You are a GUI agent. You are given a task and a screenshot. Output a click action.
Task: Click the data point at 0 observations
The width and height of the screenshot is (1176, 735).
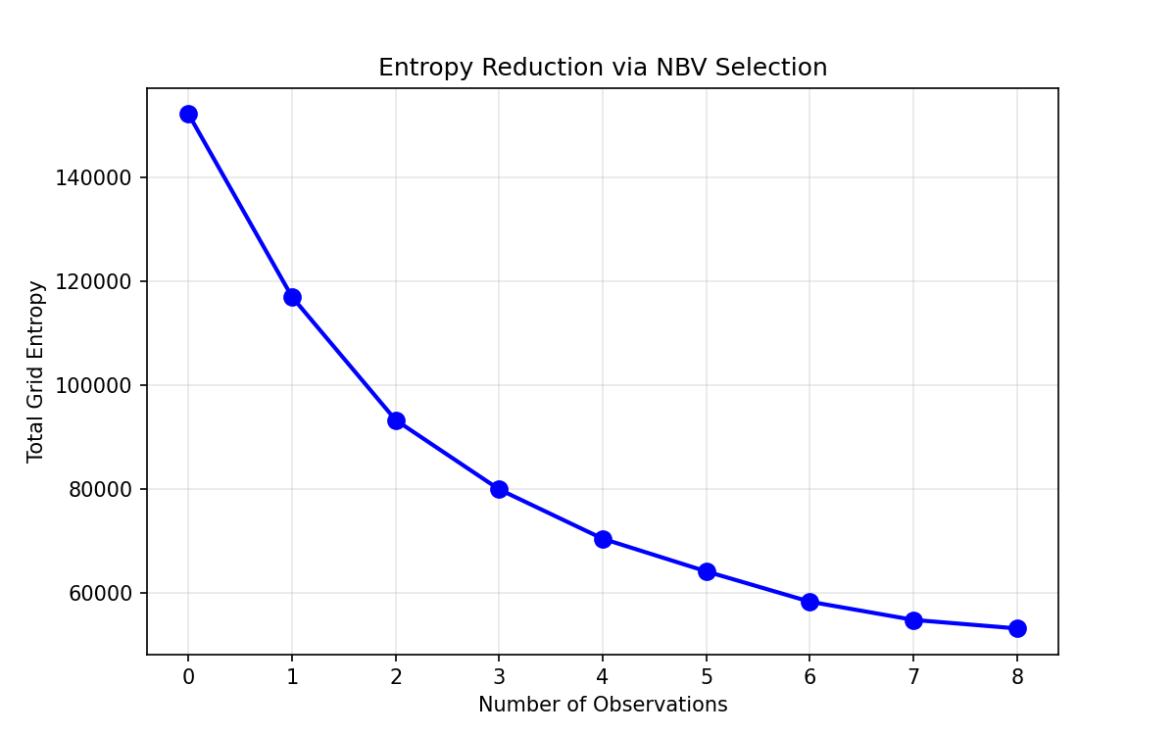pyautogui.click(x=188, y=115)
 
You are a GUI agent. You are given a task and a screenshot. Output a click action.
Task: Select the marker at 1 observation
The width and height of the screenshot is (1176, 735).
pyautogui.click(x=292, y=297)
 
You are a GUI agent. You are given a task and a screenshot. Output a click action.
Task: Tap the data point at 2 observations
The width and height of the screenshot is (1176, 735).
pyautogui.click(x=396, y=420)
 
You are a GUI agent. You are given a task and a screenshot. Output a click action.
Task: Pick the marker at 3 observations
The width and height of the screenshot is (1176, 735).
pyautogui.click(x=499, y=489)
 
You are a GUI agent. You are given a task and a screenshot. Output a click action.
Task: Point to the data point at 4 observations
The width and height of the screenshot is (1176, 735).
pyautogui.click(x=603, y=539)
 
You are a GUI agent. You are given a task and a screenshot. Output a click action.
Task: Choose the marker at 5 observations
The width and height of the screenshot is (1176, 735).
pyautogui.click(x=707, y=571)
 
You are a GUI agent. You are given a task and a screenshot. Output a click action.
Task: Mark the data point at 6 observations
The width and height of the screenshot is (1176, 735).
pyautogui.click(x=809, y=602)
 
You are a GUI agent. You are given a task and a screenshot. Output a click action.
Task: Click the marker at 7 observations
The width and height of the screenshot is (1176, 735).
pyautogui.click(x=913, y=620)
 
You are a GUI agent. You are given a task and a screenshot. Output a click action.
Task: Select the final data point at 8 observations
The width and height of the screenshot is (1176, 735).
pyautogui.click(x=1017, y=628)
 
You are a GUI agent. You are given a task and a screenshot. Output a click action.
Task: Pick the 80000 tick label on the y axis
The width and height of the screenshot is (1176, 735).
pyautogui.click(x=103, y=490)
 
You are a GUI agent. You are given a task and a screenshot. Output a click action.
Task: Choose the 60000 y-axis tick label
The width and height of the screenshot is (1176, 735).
pyautogui.click(x=103, y=594)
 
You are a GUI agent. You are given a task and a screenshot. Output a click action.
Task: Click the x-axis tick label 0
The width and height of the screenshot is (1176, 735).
pyautogui.click(x=188, y=676)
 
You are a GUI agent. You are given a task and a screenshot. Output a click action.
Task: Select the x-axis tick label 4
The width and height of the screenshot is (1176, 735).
pyautogui.click(x=603, y=676)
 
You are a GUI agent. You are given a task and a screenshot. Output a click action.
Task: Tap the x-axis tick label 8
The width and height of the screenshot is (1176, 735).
pyautogui.click(x=1017, y=676)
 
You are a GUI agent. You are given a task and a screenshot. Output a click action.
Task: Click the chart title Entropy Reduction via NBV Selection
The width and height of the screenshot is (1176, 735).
pyautogui.click(x=603, y=68)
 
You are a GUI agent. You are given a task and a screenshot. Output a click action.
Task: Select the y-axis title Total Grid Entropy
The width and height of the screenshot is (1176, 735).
pyautogui.click(x=36, y=371)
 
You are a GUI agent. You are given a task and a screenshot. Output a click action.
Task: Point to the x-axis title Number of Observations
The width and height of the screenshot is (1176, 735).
pyautogui.click(x=603, y=705)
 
